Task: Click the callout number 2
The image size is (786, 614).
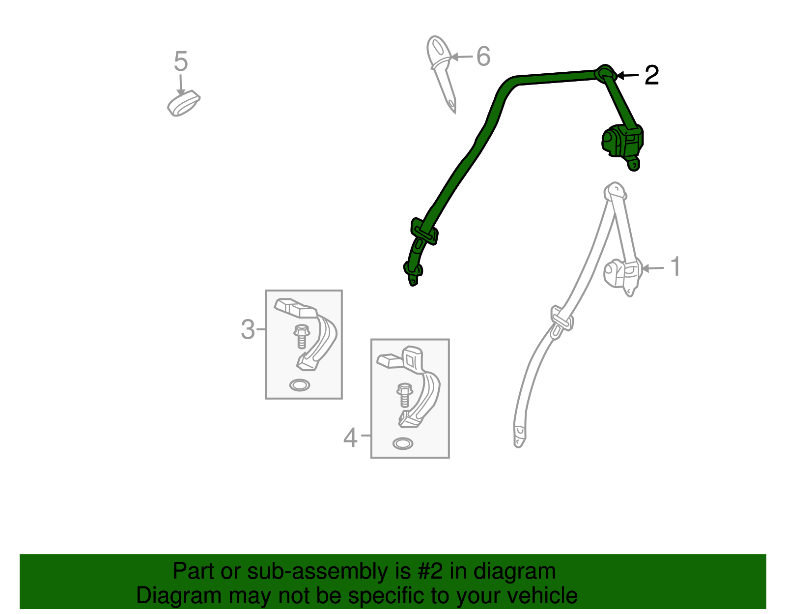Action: pyautogui.click(x=651, y=75)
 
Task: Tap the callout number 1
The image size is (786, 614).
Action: pyautogui.click(x=675, y=266)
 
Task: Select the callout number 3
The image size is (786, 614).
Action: pyautogui.click(x=248, y=330)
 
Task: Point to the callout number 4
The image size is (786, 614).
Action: pyautogui.click(x=350, y=438)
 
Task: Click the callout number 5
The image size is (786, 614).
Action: pyautogui.click(x=181, y=61)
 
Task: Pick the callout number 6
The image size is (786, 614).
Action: pyautogui.click(x=483, y=56)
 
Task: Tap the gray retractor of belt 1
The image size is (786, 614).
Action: pyautogui.click(x=623, y=276)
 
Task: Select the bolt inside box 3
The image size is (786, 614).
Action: pyautogui.click(x=302, y=336)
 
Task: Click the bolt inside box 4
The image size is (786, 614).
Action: pyautogui.click(x=405, y=395)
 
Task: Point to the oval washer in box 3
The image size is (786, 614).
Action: pyautogui.click(x=300, y=385)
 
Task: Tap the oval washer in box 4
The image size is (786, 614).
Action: pyautogui.click(x=403, y=443)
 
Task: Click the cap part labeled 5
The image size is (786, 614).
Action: pyautogui.click(x=183, y=103)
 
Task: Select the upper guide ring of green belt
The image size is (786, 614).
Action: pyautogui.click(x=606, y=73)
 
